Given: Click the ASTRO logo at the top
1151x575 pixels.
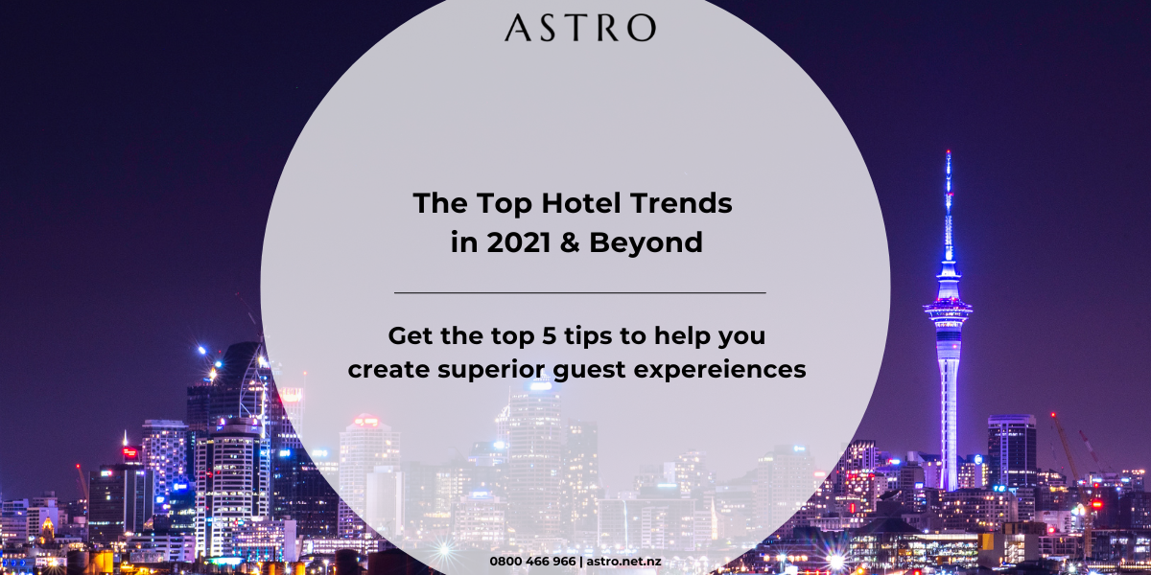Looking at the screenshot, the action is pyautogui.click(x=580, y=28).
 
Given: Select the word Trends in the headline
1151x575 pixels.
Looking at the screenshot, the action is pyautogui.click(x=681, y=203).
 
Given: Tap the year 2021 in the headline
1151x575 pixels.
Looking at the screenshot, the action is pyautogui.click(x=519, y=242).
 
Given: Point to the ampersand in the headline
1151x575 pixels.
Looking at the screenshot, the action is pyautogui.click(x=570, y=242).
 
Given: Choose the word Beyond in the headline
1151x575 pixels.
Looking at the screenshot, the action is pyautogui.click(x=646, y=243).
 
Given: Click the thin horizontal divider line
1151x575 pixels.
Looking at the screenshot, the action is pyautogui.click(x=580, y=292).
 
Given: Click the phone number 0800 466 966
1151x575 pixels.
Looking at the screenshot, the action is pyautogui.click(x=532, y=562).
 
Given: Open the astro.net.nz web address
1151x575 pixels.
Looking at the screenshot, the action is pyautogui.click(x=623, y=562).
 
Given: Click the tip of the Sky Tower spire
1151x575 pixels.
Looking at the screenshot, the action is pyautogui.click(x=949, y=151).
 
